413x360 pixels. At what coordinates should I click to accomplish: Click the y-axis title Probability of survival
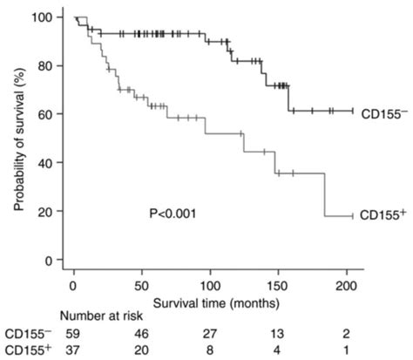pyautogui.click(x=17, y=139)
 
